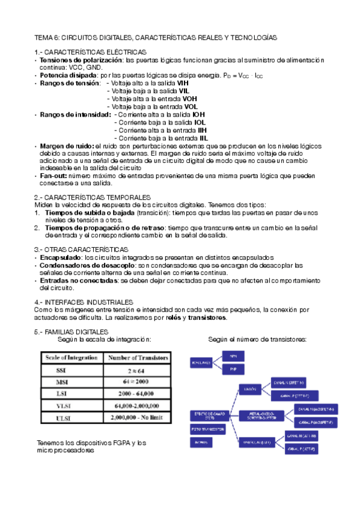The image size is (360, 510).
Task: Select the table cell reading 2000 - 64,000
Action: (137, 393)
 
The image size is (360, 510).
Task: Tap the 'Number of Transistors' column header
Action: (138, 358)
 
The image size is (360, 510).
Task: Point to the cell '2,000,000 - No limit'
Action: (137, 416)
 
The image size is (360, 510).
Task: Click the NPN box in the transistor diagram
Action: (234, 356)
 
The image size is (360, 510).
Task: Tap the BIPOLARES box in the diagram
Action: (201, 363)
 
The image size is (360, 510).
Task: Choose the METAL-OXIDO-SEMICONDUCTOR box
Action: (260, 415)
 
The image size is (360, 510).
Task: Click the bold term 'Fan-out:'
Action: (53, 176)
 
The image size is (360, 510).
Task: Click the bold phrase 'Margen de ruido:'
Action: (67, 146)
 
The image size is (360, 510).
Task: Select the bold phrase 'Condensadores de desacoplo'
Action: (88, 265)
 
